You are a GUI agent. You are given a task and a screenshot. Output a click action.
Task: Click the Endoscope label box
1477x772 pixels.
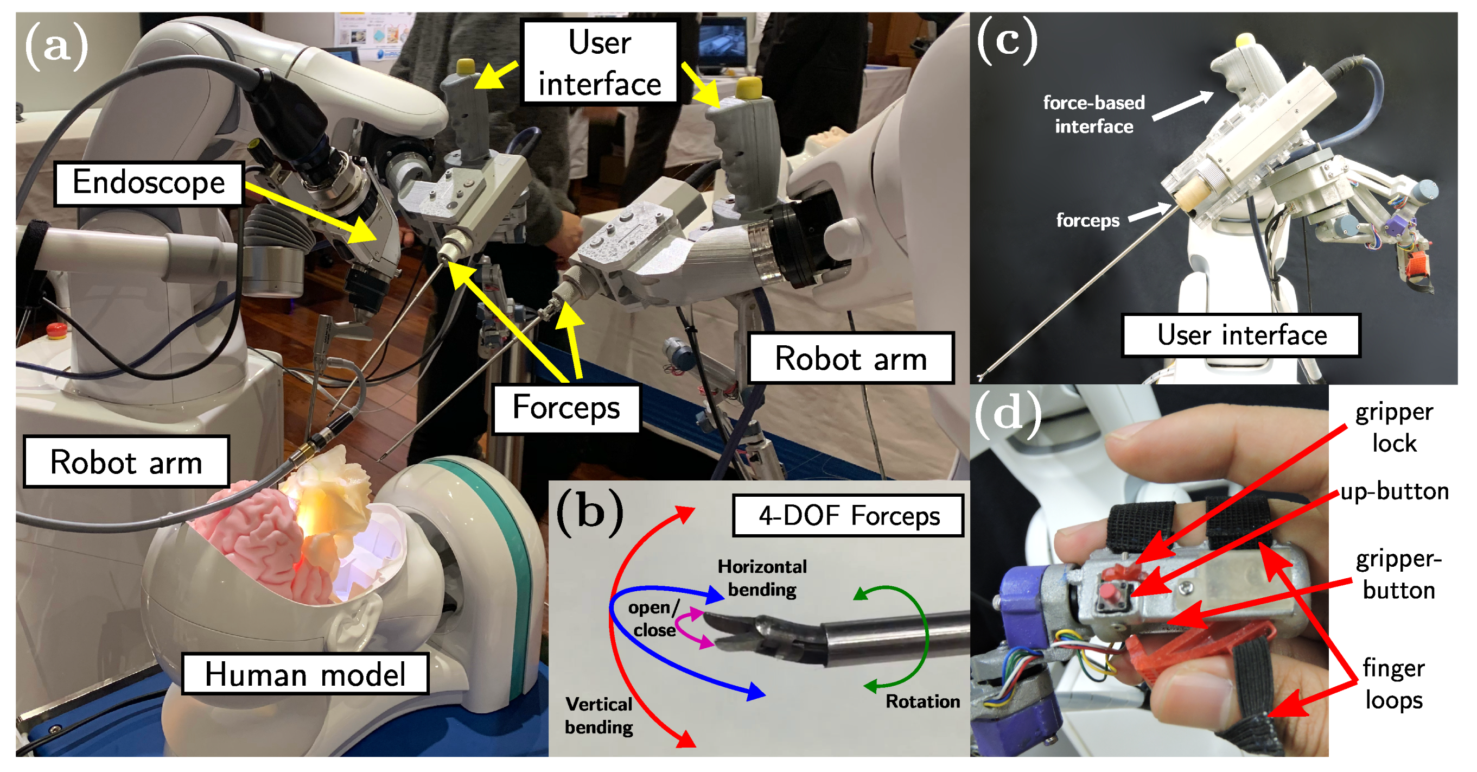coord(149,183)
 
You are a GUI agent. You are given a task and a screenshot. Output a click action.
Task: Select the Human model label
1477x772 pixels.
coord(305,674)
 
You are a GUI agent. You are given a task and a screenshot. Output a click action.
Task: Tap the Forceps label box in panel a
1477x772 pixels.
coord(566,408)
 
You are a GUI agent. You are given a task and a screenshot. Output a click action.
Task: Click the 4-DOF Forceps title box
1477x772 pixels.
coord(848,516)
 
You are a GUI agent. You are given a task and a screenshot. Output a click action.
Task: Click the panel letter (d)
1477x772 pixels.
coord(1008,412)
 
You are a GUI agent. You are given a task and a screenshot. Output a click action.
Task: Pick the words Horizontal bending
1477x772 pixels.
coord(762,578)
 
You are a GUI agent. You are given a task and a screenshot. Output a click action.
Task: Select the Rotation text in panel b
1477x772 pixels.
coord(922,701)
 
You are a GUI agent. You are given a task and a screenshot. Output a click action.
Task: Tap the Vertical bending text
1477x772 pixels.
coord(599,715)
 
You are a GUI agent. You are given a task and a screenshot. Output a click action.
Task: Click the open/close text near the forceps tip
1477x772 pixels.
coord(654,618)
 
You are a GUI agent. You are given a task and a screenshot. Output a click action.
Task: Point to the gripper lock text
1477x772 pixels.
coord(1394,427)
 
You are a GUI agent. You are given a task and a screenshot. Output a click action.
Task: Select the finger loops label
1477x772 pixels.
coord(1393,684)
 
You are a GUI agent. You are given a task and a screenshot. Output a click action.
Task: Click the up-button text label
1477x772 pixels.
coord(1395,491)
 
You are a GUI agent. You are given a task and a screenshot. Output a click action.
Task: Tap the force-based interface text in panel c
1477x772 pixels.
coord(1093,114)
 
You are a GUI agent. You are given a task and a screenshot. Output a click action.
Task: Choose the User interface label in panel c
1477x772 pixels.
coord(1242,335)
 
